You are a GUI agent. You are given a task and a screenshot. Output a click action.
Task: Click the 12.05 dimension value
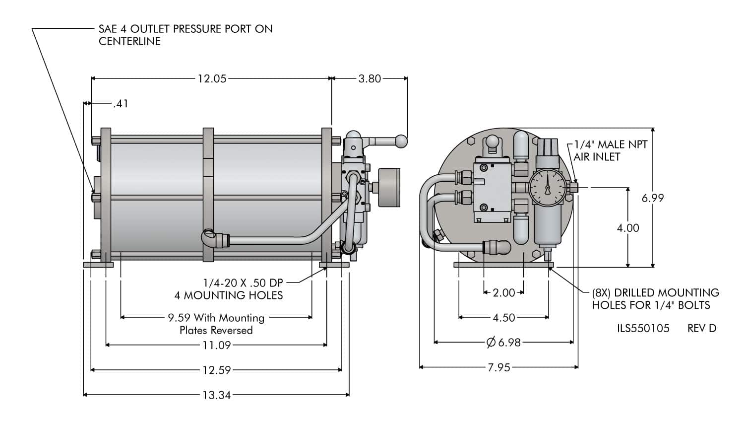[212, 78]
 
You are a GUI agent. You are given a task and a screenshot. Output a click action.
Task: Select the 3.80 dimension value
[370, 78]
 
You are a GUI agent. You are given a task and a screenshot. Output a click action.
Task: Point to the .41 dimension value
[121, 104]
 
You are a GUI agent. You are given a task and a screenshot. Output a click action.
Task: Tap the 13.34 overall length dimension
[216, 395]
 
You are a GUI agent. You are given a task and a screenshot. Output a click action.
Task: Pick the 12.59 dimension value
[216, 370]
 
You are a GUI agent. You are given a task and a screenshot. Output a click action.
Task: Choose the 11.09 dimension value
[216, 345]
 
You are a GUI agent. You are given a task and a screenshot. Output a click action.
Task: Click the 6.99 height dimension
[652, 198]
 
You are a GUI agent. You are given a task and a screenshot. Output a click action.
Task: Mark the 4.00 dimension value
[627, 228]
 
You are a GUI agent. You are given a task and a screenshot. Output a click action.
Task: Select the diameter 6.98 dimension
[503, 342]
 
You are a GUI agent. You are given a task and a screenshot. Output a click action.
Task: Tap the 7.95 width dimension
[498, 367]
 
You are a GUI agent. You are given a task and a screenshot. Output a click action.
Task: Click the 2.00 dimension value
[503, 293]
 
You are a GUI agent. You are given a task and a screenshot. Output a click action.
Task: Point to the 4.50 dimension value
[503, 318]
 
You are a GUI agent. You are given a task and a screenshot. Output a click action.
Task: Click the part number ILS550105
[643, 328]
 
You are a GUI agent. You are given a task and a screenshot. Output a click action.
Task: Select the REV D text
[702, 328]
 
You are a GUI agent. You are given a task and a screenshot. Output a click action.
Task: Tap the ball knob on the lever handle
[401, 141]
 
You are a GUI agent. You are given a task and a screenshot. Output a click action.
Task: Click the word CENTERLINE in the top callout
[129, 41]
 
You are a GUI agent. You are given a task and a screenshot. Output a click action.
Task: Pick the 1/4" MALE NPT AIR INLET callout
[610, 150]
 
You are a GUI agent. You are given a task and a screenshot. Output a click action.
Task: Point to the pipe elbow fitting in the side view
[210, 238]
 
